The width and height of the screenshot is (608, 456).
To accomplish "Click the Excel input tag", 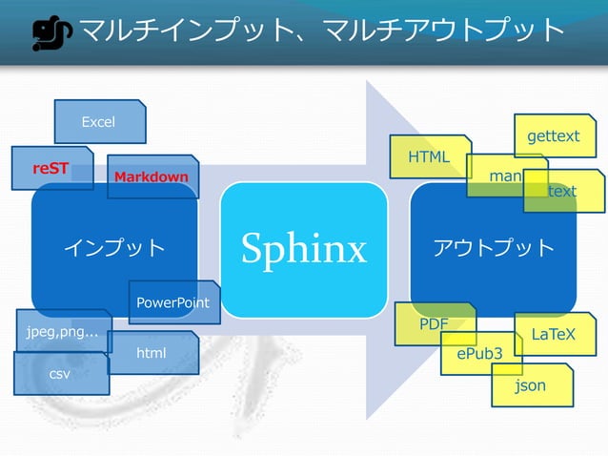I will pyautogui.click(x=99, y=121).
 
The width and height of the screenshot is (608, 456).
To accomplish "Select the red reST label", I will pyautogui.click(x=51, y=169).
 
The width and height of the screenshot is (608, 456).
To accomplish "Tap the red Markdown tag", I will pyautogui.click(x=152, y=177).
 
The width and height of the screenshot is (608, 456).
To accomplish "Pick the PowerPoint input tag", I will pyautogui.click(x=173, y=302).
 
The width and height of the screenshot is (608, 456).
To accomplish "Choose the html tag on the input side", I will pyautogui.click(x=152, y=353).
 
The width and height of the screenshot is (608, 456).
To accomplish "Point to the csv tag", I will pyautogui.click(x=60, y=375).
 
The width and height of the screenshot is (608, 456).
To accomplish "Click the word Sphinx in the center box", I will pyautogui.click(x=303, y=249).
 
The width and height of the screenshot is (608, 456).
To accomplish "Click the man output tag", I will pyautogui.click(x=503, y=176).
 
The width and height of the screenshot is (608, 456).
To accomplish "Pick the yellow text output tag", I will pyautogui.click(x=563, y=191).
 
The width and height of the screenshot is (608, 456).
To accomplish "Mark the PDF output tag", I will pyautogui.click(x=435, y=323).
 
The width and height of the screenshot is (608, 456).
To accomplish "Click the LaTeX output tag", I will pyautogui.click(x=553, y=334).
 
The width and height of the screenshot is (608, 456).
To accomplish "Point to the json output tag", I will pyautogui.click(x=530, y=385).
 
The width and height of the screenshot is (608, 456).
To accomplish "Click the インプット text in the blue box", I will pyautogui.click(x=114, y=248).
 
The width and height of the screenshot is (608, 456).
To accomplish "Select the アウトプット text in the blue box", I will pyautogui.click(x=493, y=248).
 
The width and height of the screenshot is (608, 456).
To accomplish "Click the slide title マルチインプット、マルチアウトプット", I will pyautogui.click(x=322, y=31).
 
